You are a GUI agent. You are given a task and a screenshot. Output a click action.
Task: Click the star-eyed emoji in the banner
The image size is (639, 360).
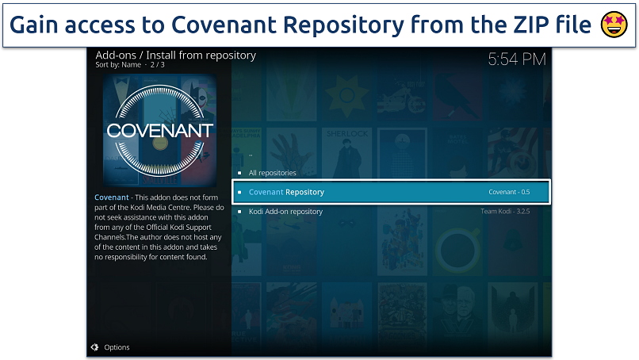614,25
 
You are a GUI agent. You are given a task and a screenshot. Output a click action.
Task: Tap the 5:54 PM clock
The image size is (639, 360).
517,59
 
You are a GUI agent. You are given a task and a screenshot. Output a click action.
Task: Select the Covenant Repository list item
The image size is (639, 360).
391,192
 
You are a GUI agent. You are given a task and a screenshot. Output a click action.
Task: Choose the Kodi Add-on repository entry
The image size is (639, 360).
285,212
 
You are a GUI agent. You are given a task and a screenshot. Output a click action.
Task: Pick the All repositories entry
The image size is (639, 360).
272,173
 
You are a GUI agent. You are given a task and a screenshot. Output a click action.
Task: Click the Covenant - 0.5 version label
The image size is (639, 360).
509,192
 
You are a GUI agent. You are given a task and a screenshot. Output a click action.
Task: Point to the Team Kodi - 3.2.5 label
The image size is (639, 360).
505,211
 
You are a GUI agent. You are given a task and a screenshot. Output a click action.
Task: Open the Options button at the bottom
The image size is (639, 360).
117,347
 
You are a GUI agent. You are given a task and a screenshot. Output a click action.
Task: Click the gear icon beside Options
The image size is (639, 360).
94,347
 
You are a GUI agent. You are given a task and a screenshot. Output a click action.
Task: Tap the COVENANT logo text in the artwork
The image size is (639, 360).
159,131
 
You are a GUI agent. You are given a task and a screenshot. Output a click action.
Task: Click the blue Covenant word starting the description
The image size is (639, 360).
111,197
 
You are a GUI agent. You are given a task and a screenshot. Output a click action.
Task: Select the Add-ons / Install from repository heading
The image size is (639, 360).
176,55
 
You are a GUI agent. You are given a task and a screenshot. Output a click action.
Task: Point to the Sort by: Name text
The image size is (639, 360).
118,65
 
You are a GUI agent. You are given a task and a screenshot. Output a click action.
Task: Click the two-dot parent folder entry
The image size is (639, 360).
251,155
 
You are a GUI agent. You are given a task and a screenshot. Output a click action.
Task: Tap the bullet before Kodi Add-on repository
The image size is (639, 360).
239,212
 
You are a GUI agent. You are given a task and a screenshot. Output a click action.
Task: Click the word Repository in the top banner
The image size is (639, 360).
343,25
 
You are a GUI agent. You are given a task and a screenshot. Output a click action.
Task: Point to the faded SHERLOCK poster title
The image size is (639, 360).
347,134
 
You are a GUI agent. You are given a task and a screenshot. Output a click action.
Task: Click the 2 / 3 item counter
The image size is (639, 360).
157,65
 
